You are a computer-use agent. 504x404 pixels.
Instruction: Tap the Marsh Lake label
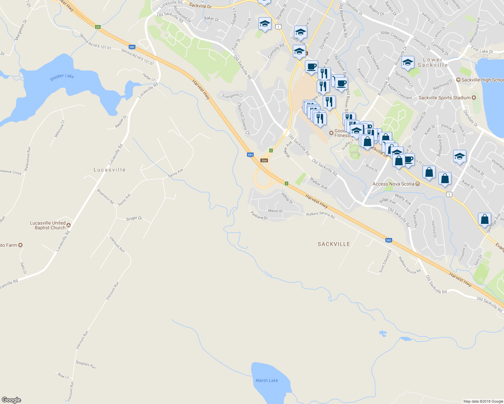point(267,380)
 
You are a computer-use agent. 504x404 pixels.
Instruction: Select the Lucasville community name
point(109,170)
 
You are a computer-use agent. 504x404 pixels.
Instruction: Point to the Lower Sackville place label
point(433,62)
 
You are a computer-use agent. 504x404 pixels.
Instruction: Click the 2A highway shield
point(98,27)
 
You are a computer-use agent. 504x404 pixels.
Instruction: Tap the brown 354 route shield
point(264,161)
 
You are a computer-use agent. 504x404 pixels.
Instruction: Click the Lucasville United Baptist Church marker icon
point(69,225)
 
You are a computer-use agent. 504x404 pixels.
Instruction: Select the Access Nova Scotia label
point(393,184)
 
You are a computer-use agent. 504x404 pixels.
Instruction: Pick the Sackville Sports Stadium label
point(444,98)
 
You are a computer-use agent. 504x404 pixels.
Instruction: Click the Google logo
point(11,400)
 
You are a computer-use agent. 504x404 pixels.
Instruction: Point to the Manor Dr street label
point(275,211)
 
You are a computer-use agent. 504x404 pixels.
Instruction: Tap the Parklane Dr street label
point(259,215)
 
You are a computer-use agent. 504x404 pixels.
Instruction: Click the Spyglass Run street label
point(86,365)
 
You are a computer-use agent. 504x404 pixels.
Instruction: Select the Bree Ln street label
point(63,376)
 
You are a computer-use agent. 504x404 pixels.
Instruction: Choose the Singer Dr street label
point(134,218)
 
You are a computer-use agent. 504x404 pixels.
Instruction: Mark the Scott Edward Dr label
point(385,261)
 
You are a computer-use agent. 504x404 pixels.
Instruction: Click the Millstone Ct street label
point(59,129)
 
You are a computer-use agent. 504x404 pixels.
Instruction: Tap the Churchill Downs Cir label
point(244,119)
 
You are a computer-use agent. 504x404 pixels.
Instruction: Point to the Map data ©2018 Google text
point(483,401)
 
